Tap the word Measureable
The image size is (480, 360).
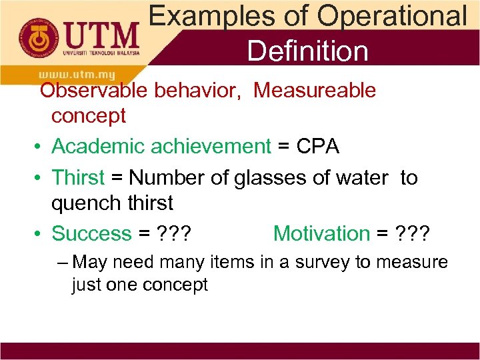coord(315,90)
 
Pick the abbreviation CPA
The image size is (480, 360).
coord(317,146)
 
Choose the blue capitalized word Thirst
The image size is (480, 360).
coord(78,178)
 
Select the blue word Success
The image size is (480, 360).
coord(91,233)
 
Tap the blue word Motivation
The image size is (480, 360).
coord(321,233)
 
